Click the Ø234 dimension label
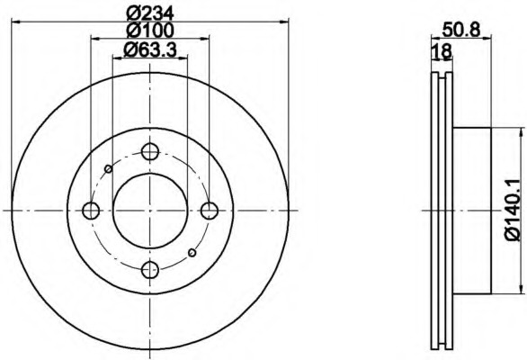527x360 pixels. click(x=150, y=13)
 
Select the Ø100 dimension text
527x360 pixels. click(x=150, y=31)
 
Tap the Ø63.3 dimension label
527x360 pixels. click(x=150, y=50)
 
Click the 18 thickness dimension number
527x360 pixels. click(x=442, y=52)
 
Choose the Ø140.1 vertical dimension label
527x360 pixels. click(x=513, y=211)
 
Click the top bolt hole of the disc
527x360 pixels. click(x=150, y=152)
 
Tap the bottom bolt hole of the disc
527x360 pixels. click(x=150, y=269)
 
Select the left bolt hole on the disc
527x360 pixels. click(x=91, y=211)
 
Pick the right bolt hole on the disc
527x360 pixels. click(x=210, y=211)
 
